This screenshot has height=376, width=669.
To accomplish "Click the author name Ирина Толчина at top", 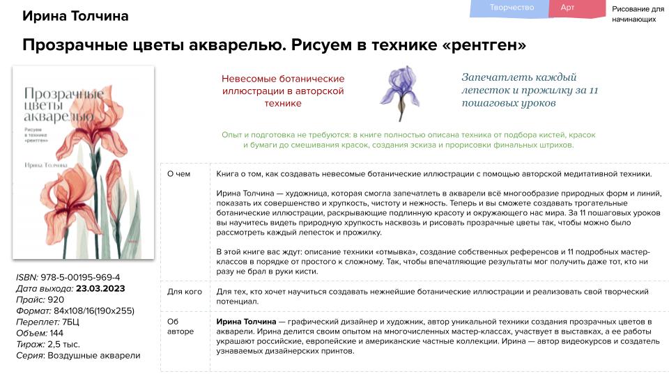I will pos(75,16).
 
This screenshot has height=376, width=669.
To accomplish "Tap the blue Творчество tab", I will pos(512,8).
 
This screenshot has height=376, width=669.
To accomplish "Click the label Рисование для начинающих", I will pos(638,14).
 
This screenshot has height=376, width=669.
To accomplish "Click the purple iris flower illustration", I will pos(401,93).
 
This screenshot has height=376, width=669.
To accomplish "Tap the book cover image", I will pos(84,162).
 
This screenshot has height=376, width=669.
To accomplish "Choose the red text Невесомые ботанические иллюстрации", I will pos(283,91).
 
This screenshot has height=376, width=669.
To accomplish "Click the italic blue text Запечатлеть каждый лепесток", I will pos(530,91).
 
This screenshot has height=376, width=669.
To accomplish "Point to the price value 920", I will pos(55,299).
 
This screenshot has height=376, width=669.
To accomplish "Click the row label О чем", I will pos(179,174).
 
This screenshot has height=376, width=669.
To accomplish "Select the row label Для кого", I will pos(184,290).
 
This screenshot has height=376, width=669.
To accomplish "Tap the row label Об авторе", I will pos(180,327).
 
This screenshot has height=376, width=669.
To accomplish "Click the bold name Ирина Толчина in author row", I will pos(246,322).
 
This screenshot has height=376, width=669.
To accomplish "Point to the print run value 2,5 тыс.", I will pos(64,344).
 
